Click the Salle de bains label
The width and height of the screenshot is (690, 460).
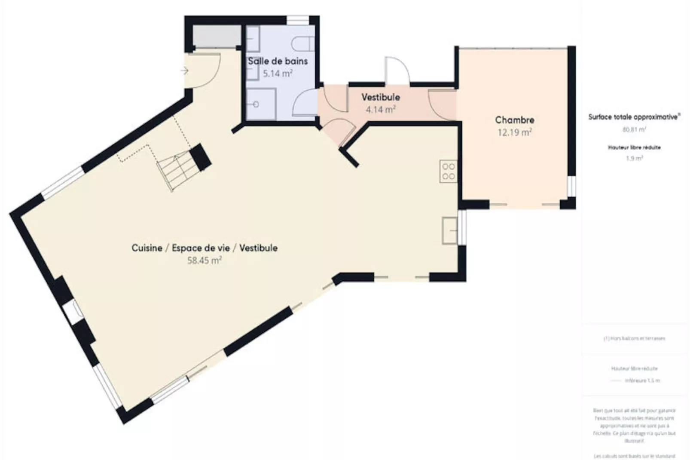pos(278,61)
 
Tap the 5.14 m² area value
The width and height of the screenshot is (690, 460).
pos(278,74)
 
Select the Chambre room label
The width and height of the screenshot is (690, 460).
pos(514,120)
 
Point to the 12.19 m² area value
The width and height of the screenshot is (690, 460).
pos(514,132)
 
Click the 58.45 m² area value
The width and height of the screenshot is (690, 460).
pos(204,260)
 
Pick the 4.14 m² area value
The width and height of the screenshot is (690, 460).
pos(380,110)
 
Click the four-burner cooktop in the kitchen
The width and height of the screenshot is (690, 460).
pos(448,171)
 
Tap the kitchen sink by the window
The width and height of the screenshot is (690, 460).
pos(449,230)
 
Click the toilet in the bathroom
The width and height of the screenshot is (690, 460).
pos(302,43)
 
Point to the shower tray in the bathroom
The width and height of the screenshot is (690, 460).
pos(261,104)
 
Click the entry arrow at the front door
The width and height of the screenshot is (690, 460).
pos(185,71)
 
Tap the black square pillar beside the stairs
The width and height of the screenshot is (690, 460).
pos(200,156)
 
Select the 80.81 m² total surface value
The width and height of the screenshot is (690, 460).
pos(634,129)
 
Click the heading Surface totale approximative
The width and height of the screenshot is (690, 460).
pos(634,117)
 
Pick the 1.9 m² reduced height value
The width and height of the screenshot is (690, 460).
pos(634,158)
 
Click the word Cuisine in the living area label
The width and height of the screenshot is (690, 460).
pos(147,248)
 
